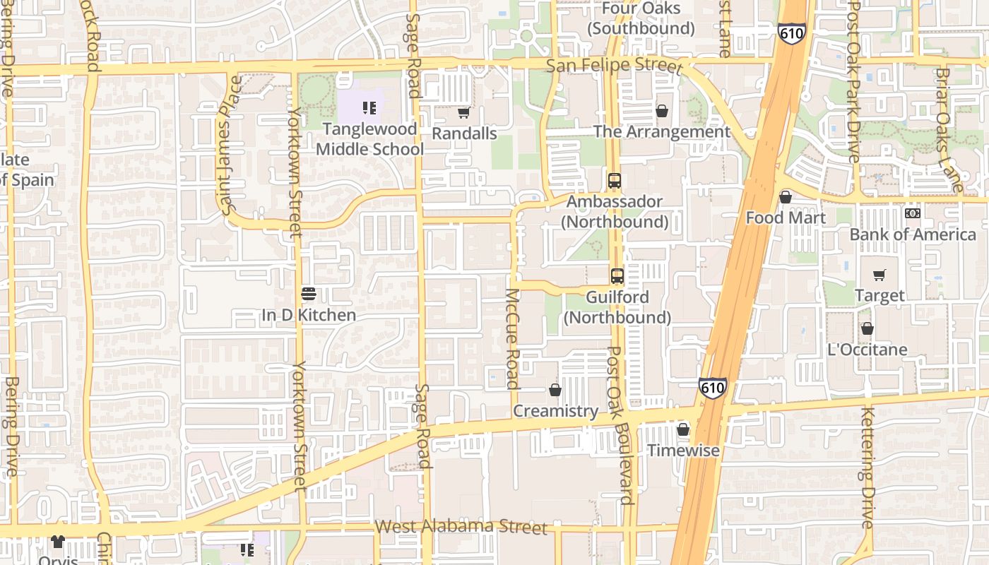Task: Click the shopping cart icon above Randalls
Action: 463,113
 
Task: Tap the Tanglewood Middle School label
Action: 369,139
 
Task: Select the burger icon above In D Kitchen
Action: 308,293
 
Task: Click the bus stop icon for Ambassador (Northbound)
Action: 615,181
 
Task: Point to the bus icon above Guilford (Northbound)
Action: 617,276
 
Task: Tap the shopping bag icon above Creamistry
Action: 555,390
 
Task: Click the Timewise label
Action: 683,451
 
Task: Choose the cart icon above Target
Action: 879,275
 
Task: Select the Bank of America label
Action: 913,234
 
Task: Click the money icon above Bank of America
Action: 913,213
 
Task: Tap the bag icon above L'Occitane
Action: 867,328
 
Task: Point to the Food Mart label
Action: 786,218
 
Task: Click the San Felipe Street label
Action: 615,66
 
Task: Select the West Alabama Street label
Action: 461,527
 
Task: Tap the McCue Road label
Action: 514,339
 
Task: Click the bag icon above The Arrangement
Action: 662,111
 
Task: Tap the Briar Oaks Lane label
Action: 949,130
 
